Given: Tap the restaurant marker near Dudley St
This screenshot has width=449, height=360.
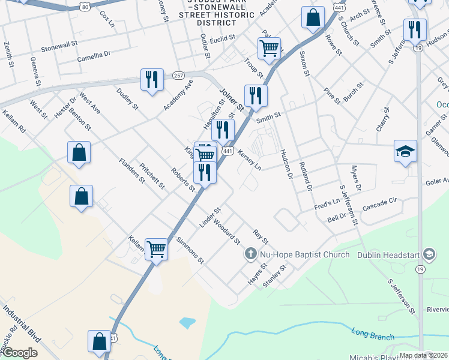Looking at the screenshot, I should [x=152, y=80].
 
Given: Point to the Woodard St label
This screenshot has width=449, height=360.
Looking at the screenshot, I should [x=226, y=233].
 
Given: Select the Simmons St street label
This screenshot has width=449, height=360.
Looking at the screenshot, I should [x=191, y=250].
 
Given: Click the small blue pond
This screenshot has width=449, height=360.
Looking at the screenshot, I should [x=187, y=323].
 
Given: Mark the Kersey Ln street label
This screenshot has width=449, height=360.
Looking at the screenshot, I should [x=250, y=159].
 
